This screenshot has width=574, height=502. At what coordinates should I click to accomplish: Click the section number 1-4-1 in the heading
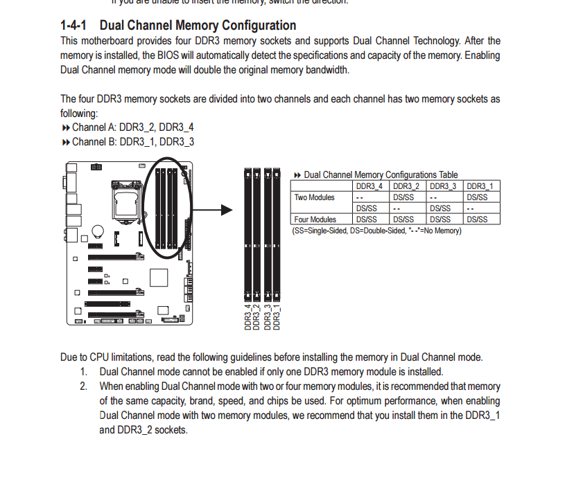click(74, 26)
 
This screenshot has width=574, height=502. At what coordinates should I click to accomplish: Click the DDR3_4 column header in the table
click(369, 186)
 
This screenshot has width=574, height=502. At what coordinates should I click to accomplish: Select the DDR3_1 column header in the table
click(480, 186)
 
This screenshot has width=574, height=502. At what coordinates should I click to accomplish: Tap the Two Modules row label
click(314, 197)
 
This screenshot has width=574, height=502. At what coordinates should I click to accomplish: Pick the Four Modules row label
click(315, 219)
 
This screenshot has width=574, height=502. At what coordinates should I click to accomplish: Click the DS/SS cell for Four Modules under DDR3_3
click(443, 219)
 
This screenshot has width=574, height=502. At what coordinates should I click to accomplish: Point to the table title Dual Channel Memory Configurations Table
click(381, 175)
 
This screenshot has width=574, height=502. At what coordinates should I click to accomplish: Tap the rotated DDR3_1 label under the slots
click(276, 316)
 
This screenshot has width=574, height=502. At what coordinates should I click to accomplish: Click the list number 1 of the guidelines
click(84, 372)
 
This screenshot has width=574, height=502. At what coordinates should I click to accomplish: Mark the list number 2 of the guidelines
click(84, 386)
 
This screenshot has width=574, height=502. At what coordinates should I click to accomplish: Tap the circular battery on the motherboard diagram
click(99, 232)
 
